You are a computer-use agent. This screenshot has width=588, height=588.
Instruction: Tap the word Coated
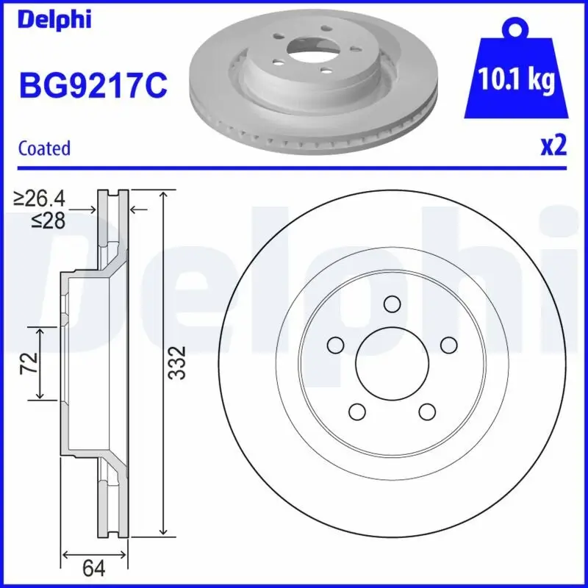[44, 148]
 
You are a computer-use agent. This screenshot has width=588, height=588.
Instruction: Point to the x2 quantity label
[553, 146]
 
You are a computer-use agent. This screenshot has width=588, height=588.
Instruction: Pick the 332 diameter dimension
[177, 362]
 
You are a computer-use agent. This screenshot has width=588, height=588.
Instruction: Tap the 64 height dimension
[94, 568]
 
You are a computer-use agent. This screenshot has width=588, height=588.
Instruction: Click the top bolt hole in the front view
[392, 304]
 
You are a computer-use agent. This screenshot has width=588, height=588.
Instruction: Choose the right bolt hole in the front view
[448, 345]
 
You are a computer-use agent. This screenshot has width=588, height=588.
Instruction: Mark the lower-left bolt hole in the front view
[357, 411]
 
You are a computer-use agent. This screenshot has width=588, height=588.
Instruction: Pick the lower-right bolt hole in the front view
[426, 411]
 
